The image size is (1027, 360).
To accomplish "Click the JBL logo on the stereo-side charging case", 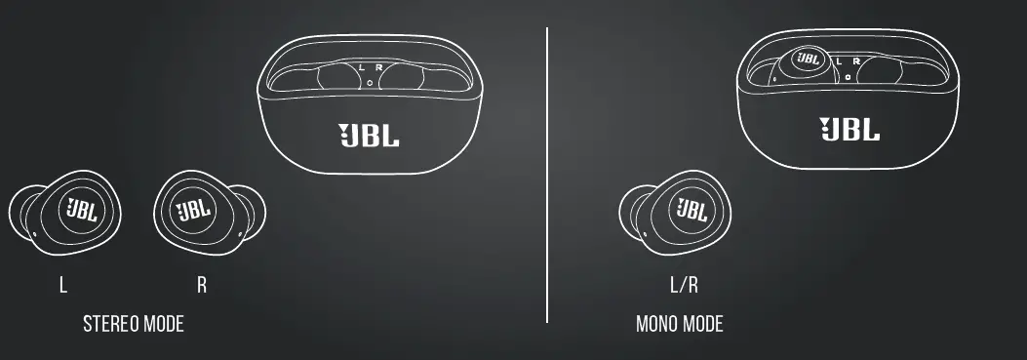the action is coord(369,135).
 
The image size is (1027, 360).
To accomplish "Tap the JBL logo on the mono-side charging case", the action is coord(849,128).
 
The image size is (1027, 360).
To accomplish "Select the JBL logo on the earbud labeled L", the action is coord(81,210).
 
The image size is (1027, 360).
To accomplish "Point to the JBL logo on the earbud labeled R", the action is coord(191,210).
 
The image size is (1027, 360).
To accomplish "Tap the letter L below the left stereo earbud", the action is coord(63,286).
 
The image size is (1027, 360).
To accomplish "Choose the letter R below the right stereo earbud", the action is coord(202,286).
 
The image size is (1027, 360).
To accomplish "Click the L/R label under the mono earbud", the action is coord(684,286).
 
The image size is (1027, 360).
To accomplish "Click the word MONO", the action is coord(657,324).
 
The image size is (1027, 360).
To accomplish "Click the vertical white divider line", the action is coord(547,176).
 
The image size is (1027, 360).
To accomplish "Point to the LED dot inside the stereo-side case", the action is coord(370,84).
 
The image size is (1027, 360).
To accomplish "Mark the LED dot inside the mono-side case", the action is coord(849,75).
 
